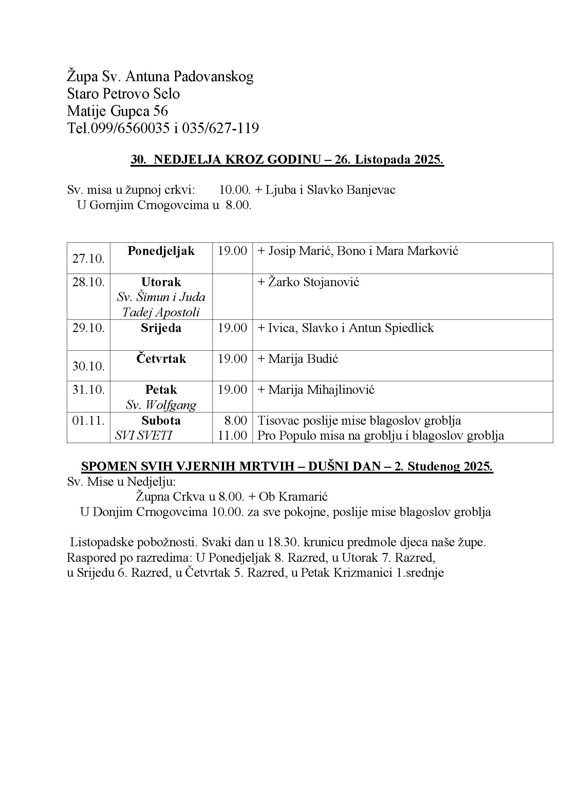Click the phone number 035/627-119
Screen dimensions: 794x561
[x=220, y=128]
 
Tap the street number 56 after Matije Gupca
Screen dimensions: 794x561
[x=161, y=111]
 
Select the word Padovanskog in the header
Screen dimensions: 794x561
[x=213, y=76]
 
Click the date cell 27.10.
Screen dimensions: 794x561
[x=88, y=258]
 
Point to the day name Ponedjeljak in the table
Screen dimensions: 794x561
[x=161, y=251]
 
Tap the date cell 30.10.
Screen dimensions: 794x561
[x=88, y=366]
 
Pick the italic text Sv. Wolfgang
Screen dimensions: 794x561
[x=161, y=405]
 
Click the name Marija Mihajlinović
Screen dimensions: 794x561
[x=321, y=390]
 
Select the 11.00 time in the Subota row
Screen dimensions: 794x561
[x=232, y=436]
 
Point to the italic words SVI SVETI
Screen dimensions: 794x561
[x=144, y=436]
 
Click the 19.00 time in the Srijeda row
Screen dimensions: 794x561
[x=232, y=328]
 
